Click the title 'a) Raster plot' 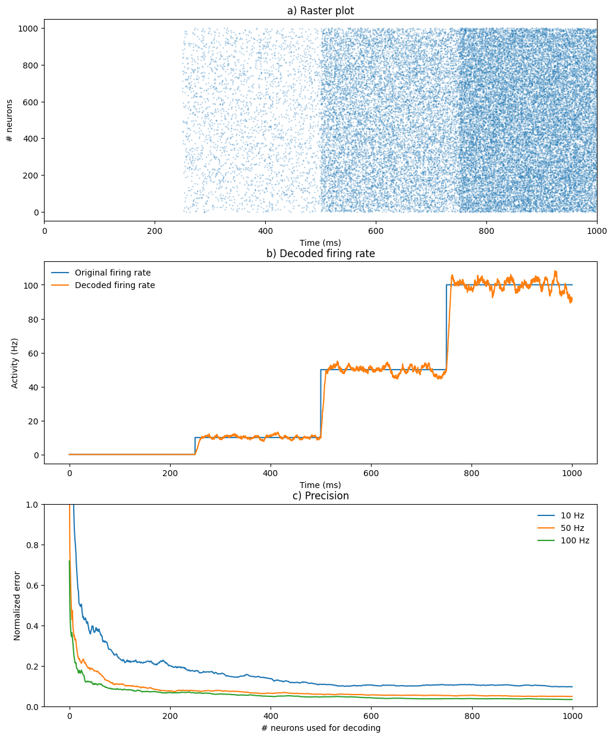coord(320,11)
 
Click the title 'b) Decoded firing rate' coord(320,254)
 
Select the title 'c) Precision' coord(320,496)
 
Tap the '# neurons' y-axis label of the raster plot coord(10,120)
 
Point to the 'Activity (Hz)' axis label coord(15,363)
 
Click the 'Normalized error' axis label coord(17,605)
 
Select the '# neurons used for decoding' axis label coord(320,728)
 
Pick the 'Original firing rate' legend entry coord(112,273)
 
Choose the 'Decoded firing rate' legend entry coord(115,285)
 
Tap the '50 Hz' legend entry coord(572,528)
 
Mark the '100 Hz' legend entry coord(574,540)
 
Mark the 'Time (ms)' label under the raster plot coord(320,242)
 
